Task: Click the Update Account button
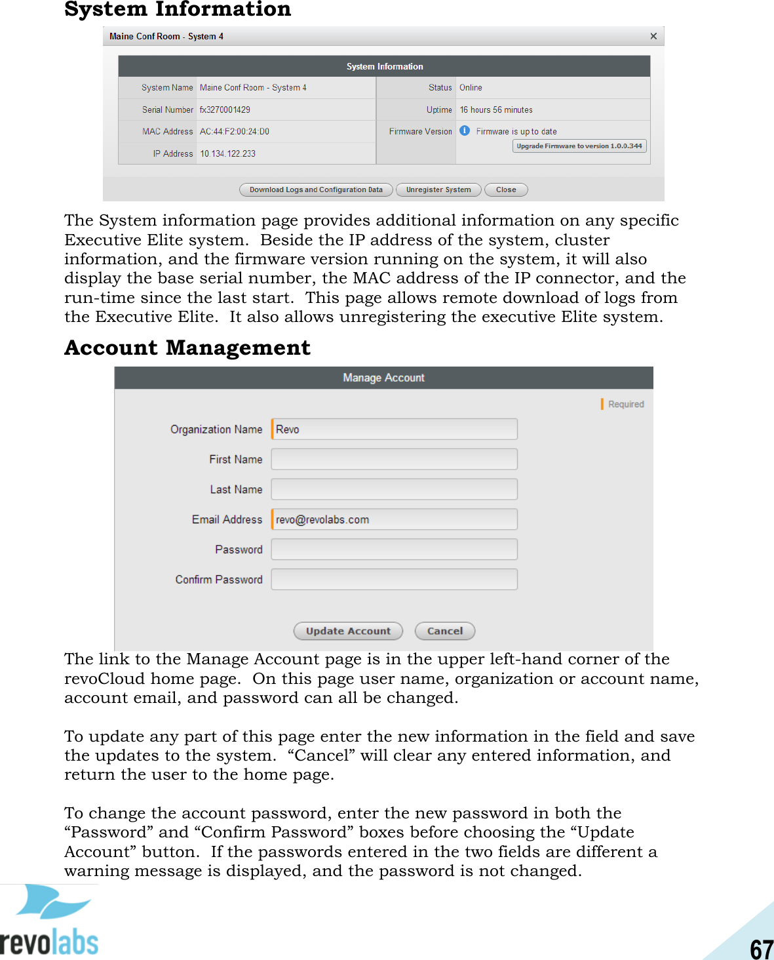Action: [x=348, y=631]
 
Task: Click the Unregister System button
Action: [x=438, y=190]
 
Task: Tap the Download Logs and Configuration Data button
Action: [x=316, y=190]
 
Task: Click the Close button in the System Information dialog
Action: [x=506, y=190]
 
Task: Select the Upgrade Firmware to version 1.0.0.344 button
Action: [x=579, y=146]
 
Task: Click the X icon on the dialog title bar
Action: [x=653, y=36]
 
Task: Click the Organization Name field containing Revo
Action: [x=394, y=430]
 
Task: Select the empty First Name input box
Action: [x=394, y=459]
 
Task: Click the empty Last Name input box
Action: [x=394, y=489]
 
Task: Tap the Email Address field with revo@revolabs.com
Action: [x=394, y=519]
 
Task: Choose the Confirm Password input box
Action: [x=394, y=580]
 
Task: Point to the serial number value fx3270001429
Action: [x=225, y=110]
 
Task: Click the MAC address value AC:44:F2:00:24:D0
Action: [x=235, y=132]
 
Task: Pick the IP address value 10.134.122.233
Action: [x=228, y=154]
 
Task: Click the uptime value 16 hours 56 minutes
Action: [x=496, y=110]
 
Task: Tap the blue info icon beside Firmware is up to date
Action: [x=465, y=130]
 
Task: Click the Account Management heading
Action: [x=187, y=348]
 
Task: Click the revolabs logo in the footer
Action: [x=49, y=921]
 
